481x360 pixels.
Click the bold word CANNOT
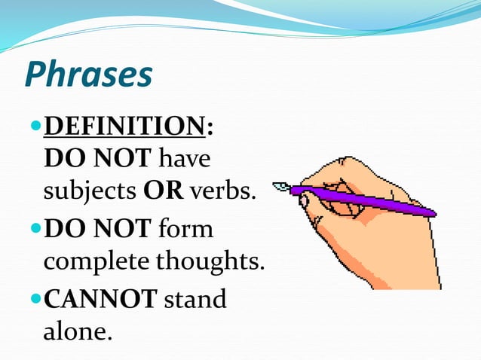[100, 298]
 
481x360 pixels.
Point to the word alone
[78, 331]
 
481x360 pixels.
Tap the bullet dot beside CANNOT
[35, 298]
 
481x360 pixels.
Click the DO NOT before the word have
[99, 160]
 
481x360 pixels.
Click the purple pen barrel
[362, 199]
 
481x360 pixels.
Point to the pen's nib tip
[276, 185]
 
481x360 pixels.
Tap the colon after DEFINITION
[209, 127]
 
